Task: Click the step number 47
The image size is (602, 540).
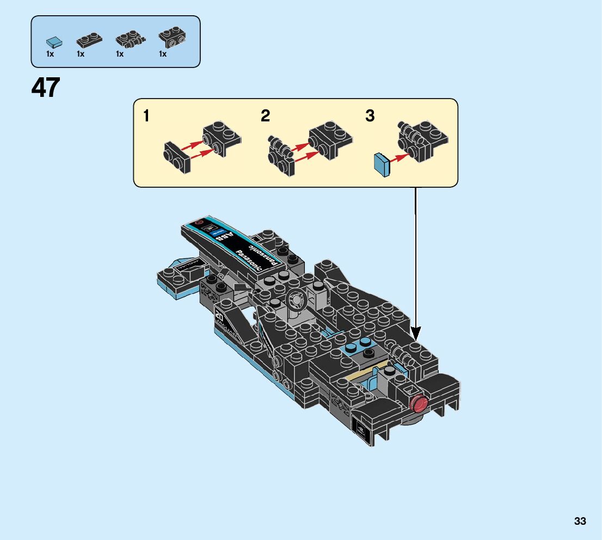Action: point(46,88)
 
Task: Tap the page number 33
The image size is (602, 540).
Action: point(580,521)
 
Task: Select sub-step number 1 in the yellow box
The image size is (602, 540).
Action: point(146,116)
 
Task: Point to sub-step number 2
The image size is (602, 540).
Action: point(265,116)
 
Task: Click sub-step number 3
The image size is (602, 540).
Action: point(370,116)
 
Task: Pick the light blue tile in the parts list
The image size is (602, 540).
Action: point(53,41)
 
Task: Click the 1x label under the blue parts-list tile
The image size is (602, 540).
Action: point(50,54)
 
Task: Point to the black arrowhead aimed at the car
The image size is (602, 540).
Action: point(415,332)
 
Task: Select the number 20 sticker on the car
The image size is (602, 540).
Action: point(220,316)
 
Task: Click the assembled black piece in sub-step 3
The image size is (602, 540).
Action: point(423,141)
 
